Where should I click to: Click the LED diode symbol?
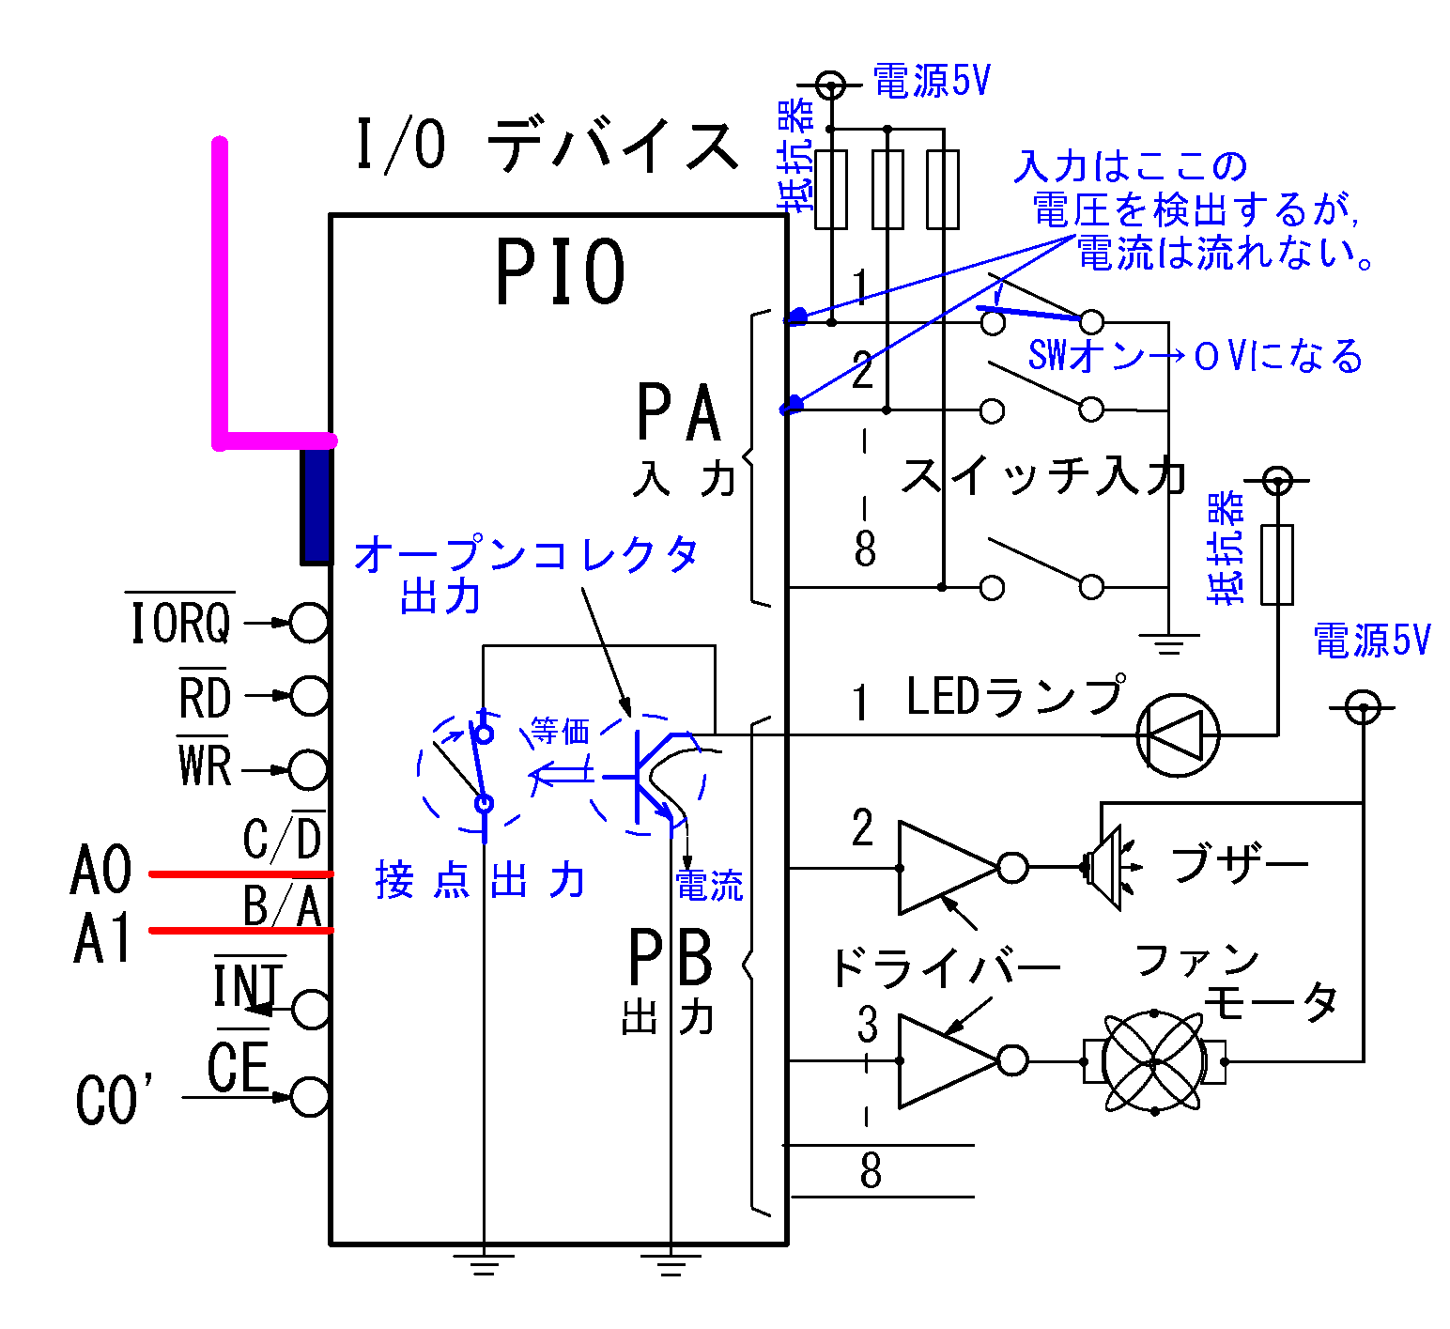(1178, 735)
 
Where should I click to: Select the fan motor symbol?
(1154, 1061)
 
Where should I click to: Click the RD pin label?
(205, 697)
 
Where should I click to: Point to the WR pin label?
(204, 765)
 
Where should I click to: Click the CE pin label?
(239, 1068)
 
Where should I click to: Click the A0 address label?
(101, 870)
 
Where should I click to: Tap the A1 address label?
(101, 938)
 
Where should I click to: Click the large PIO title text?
(560, 272)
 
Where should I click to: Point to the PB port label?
(670, 959)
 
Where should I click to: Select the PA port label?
(678, 413)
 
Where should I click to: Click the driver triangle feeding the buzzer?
(944, 868)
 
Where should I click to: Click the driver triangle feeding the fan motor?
(944, 1060)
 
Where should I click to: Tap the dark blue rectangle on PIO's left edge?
(316, 505)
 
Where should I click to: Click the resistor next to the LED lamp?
(1276, 564)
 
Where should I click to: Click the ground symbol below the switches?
(1168, 643)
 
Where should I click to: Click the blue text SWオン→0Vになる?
(1195, 356)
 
